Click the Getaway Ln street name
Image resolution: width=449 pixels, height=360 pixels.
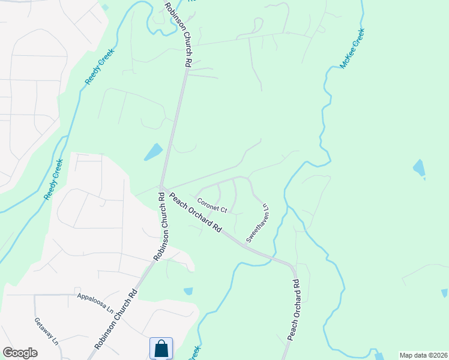(46, 331)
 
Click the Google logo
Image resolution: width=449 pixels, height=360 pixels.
(20, 353)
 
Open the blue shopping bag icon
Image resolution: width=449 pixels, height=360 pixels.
(161, 348)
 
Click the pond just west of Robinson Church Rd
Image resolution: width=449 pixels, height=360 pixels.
(154, 152)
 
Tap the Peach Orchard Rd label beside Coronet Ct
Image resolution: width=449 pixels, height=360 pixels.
(196, 213)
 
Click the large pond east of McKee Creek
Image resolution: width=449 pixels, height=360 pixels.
(419, 168)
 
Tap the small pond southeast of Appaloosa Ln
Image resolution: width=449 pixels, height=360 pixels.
(188, 291)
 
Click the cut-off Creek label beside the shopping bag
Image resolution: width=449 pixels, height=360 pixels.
(195, 353)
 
